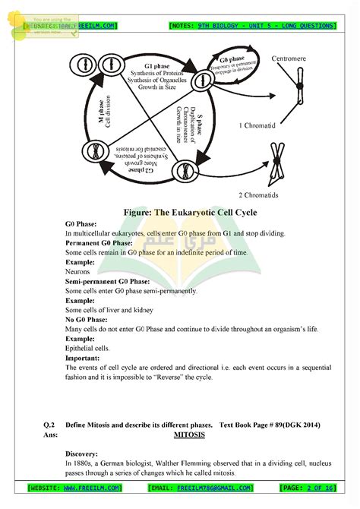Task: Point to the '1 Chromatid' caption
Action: click(x=260, y=125)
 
